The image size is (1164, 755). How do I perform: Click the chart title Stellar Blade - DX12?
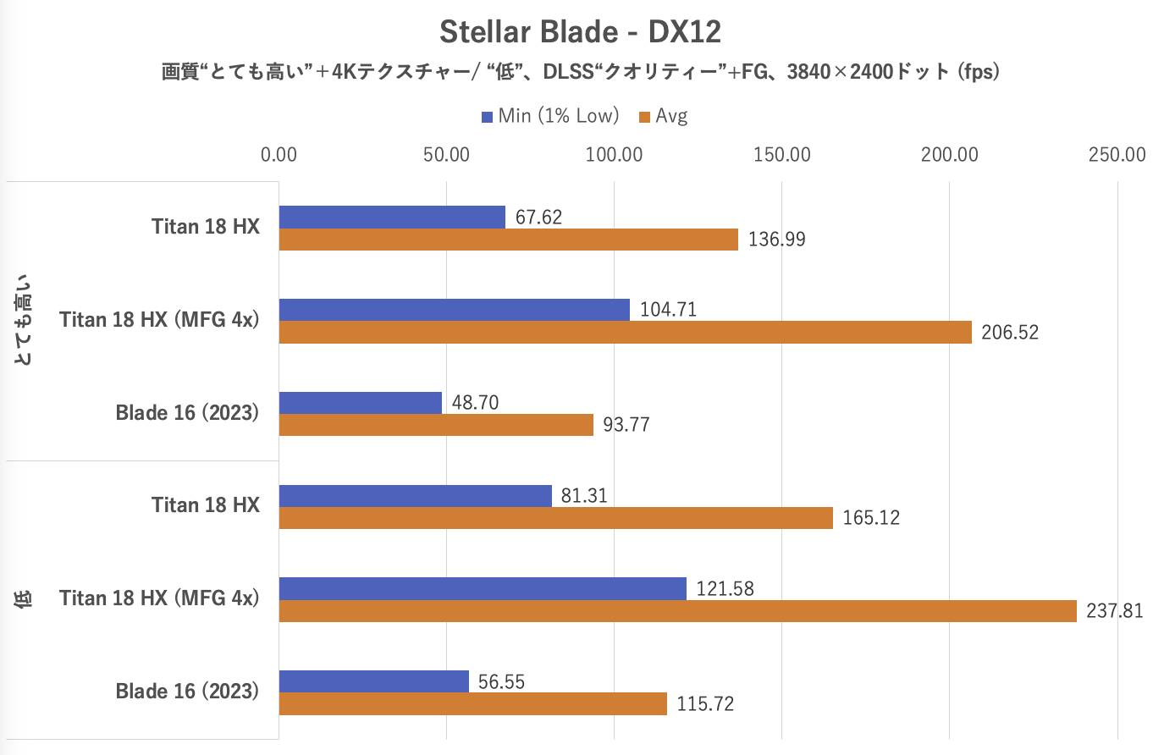pyautogui.click(x=580, y=32)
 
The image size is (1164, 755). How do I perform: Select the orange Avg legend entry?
pyautogui.click(x=664, y=116)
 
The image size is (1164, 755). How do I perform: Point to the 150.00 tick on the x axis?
pyautogui.click(x=781, y=155)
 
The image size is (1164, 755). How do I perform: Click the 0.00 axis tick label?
pyautogui.click(x=279, y=155)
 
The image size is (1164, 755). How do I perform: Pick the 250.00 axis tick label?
pyautogui.click(x=1117, y=155)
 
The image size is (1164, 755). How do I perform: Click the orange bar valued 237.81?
pyautogui.click(x=677, y=611)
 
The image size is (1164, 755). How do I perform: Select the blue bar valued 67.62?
pyautogui.click(x=392, y=217)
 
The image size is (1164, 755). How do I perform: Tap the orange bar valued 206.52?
pyautogui.click(x=625, y=332)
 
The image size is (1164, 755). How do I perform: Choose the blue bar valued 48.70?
pyautogui.click(x=361, y=402)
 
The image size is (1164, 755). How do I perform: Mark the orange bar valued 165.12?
pyautogui.click(x=555, y=517)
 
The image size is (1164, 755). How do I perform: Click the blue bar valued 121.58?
pyautogui.click(x=483, y=588)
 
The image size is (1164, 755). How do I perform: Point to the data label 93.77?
pyautogui.click(x=626, y=425)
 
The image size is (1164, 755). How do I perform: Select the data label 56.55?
pyautogui.click(x=501, y=681)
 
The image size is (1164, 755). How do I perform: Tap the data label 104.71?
pyautogui.click(x=668, y=310)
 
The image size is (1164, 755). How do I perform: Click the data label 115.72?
pyautogui.click(x=705, y=704)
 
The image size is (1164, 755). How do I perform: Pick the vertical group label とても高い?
pyautogui.click(x=24, y=320)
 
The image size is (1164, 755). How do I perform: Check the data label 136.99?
pyautogui.click(x=776, y=240)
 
